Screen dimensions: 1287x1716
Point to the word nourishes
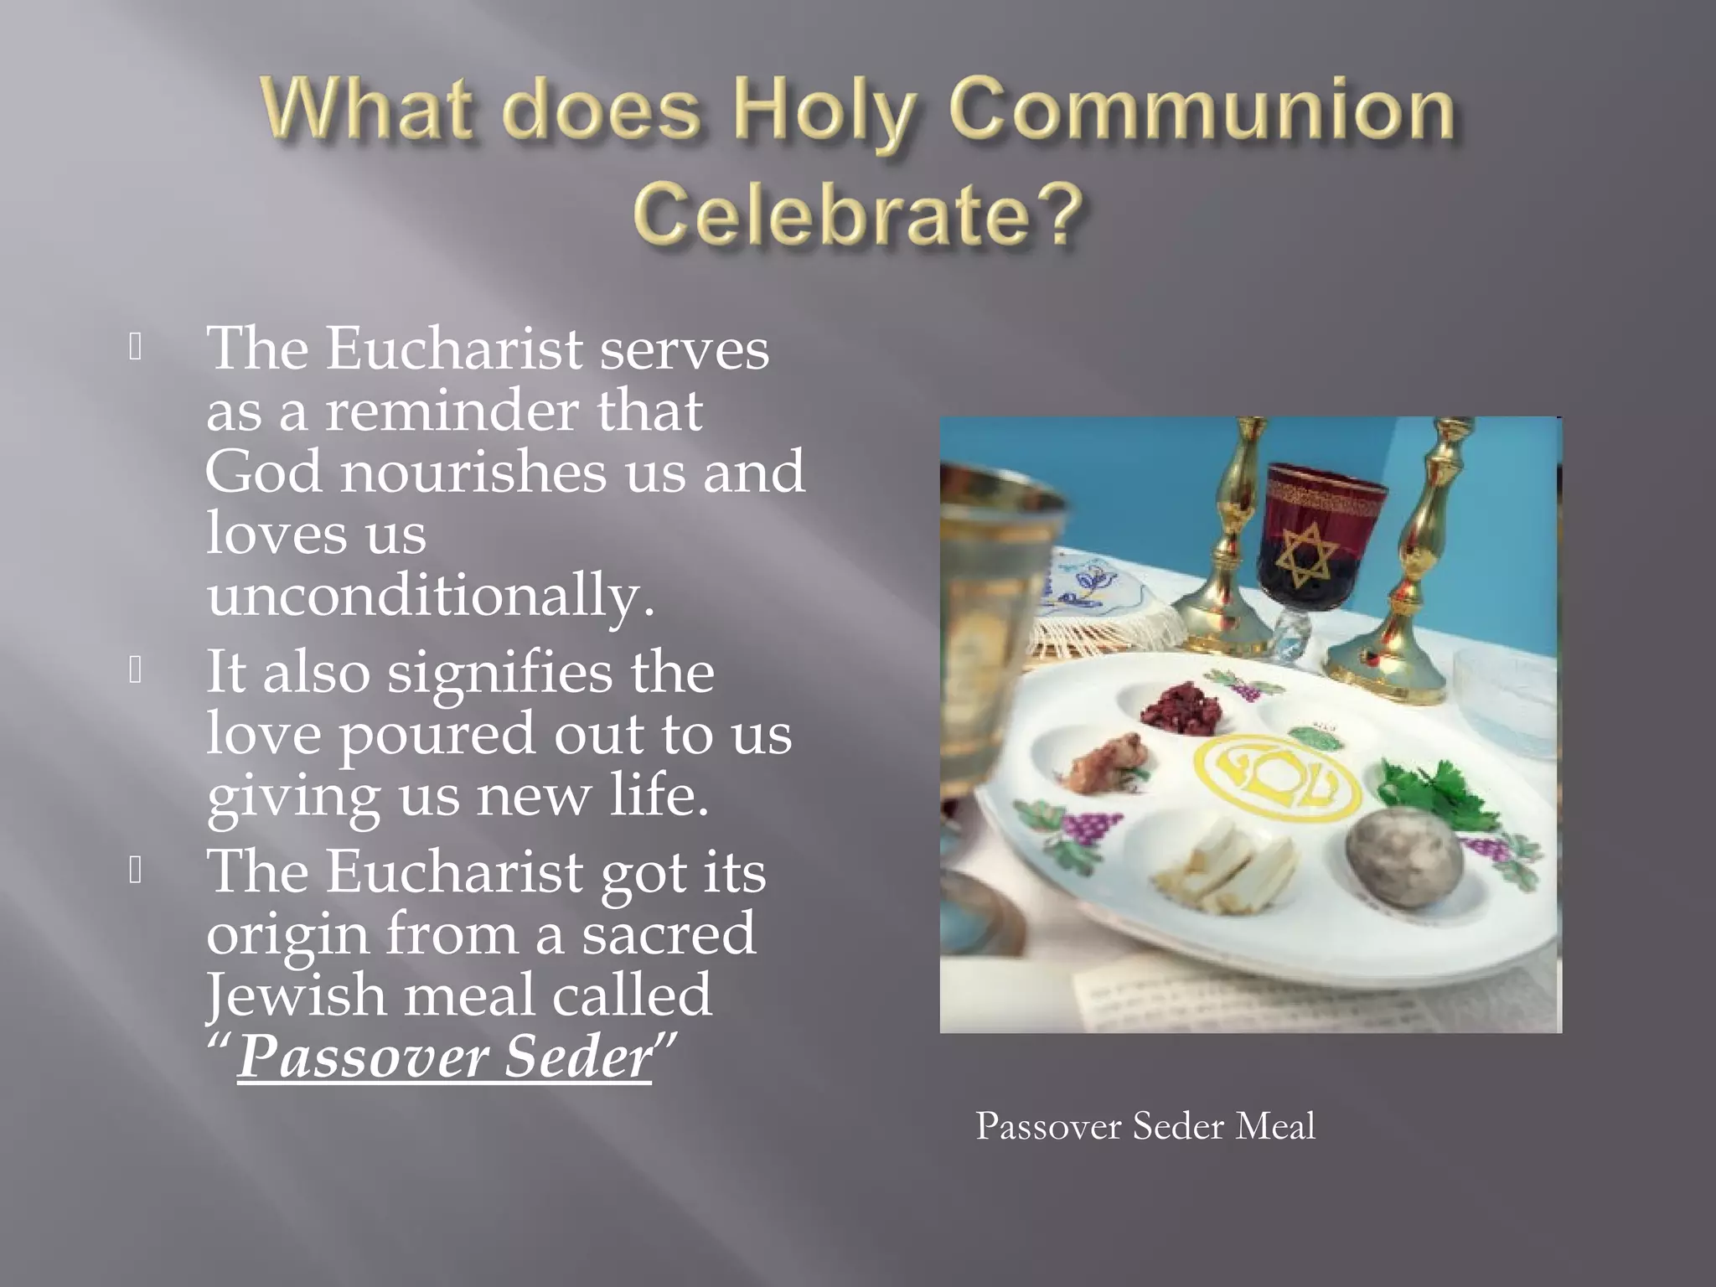(473, 473)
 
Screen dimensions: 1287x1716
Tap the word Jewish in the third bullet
(295, 995)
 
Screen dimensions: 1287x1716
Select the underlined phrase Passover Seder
(444, 1057)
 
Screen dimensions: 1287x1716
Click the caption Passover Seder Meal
(1145, 1126)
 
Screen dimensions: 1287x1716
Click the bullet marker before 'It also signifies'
(136, 670)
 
